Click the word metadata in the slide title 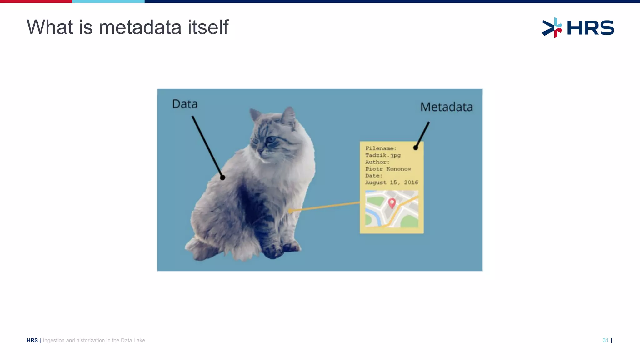(x=140, y=27)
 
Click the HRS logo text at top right (x=590, y=28)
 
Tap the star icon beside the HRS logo (x=552, y=28)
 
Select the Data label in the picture (x=185, y=104)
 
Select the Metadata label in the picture (x=446, y=107)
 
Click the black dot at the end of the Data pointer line (x=222, y=177)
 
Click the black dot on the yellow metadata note (x=416, y=148)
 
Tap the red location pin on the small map (x=392, y=203)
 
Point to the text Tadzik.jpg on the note (x=383, y=155)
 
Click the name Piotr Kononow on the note (x=388, y=169)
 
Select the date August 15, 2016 (x=392, y=182)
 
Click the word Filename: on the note (x=381, y=148)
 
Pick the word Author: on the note (x=377, y=162)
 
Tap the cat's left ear (x=255, y=114)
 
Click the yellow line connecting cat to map (x=325, y=207)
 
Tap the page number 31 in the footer (x=605, y=340)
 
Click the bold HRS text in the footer (x=32, y=341)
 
